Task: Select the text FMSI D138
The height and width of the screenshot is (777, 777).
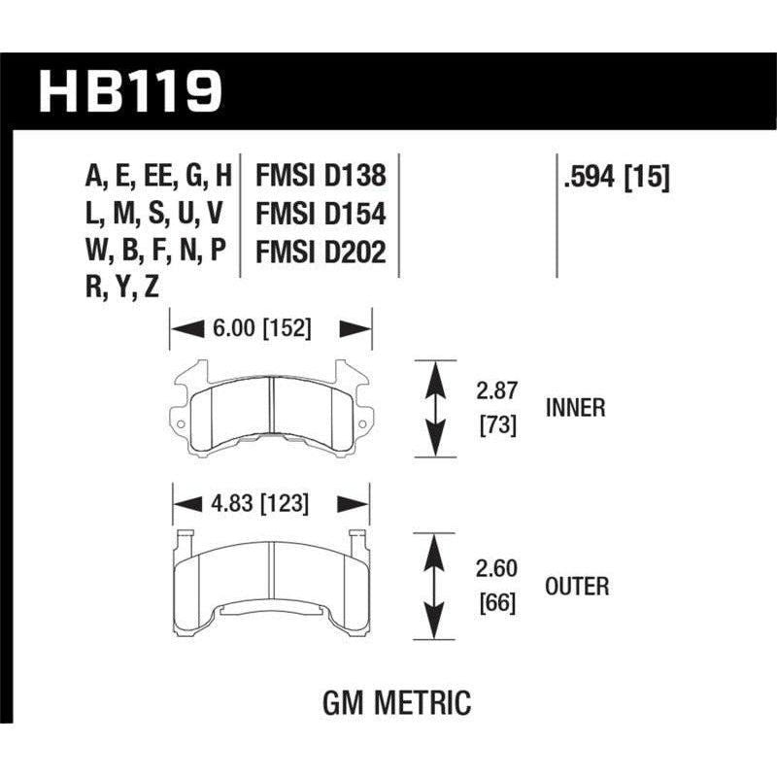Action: [x=321, y=176]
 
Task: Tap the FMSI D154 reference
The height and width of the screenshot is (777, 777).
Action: [x=321, y=214]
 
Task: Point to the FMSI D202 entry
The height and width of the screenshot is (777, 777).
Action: [x=321, y=252]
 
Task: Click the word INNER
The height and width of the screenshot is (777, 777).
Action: [x=574, y=408]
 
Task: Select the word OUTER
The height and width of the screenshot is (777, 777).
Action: [x=576, y=587]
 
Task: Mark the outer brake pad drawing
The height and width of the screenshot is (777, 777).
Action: [x=271, y=578]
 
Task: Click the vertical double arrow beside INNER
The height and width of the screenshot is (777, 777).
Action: [x=438, y=408]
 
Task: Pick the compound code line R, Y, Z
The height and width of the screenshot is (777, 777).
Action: [x=122, y=287]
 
